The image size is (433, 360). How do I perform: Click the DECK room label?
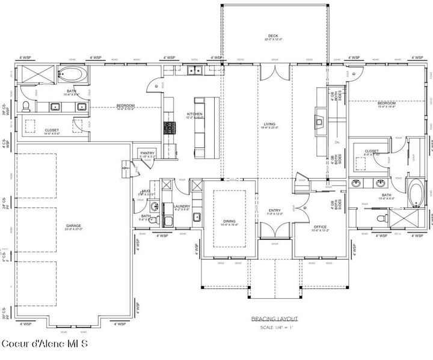pyautogui.click(x=274, y=36)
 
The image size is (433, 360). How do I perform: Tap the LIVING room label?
pyautogui.click(x=268, y=124)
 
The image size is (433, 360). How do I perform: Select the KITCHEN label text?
pyautogui.click(x=194, y=114)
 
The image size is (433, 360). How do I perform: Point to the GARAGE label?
pyautogui.click(x=73, y=227)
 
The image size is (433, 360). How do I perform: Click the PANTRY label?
pyautogui.click(x=147, y=153)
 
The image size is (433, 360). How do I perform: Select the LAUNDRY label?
pyautogui.click(x=182, y=207)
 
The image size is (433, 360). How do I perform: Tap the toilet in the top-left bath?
pyautogui.click(x=26, y=107)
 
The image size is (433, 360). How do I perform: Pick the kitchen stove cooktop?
pyautogui.click(x=170, y=127)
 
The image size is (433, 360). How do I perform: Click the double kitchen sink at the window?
pyautogui.click(x=194, y=71)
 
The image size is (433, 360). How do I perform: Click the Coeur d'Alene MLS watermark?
pyautogui.click(x=45, y=344)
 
